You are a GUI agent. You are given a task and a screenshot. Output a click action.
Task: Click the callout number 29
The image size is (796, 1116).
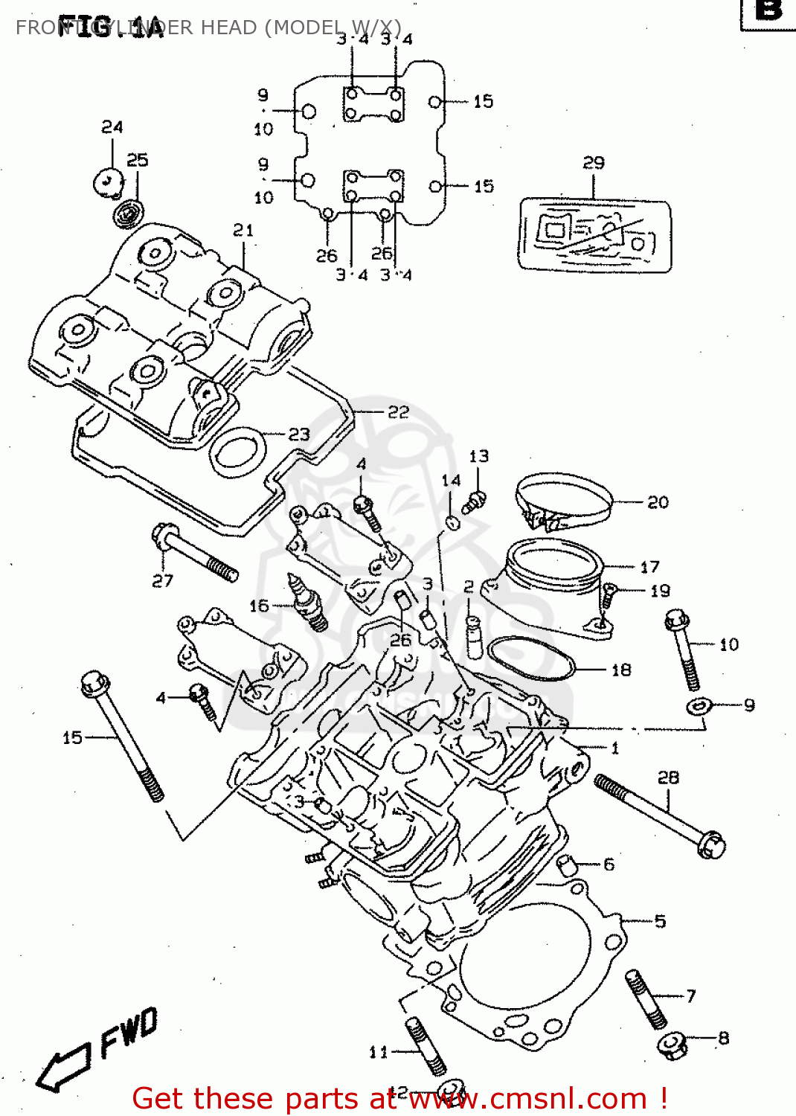pyautogui.click(x=594, y=162)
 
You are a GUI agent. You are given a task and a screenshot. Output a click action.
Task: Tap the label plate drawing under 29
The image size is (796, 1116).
pyautogui.click(x=594, y=234)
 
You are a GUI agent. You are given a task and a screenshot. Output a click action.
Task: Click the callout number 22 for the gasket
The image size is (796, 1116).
pyautogui.click(x=399, y=411)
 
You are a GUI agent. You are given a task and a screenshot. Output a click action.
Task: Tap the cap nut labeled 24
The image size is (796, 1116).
pyautogui.click(x=109, y=181)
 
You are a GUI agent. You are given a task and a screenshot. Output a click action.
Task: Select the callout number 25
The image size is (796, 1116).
pyautogui.click(x=138, y=160)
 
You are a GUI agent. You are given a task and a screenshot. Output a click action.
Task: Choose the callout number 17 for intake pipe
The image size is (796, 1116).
pyautogui.click(x=649, y=567)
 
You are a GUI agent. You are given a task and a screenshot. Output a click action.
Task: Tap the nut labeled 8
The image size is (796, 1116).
pyautogui.click(x=674, y=1045)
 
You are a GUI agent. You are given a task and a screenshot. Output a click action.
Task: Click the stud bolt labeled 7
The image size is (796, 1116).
pyautogui.click(x=646, y=999)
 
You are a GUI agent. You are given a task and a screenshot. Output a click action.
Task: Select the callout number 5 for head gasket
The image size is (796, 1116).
pyautogui.click(x=660, y=921)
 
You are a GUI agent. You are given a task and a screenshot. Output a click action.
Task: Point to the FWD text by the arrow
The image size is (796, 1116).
pyautogui.click(x=129, y=1031)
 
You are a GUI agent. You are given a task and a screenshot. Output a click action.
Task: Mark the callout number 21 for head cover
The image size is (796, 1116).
pyautogui.click(x=243, y=230)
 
